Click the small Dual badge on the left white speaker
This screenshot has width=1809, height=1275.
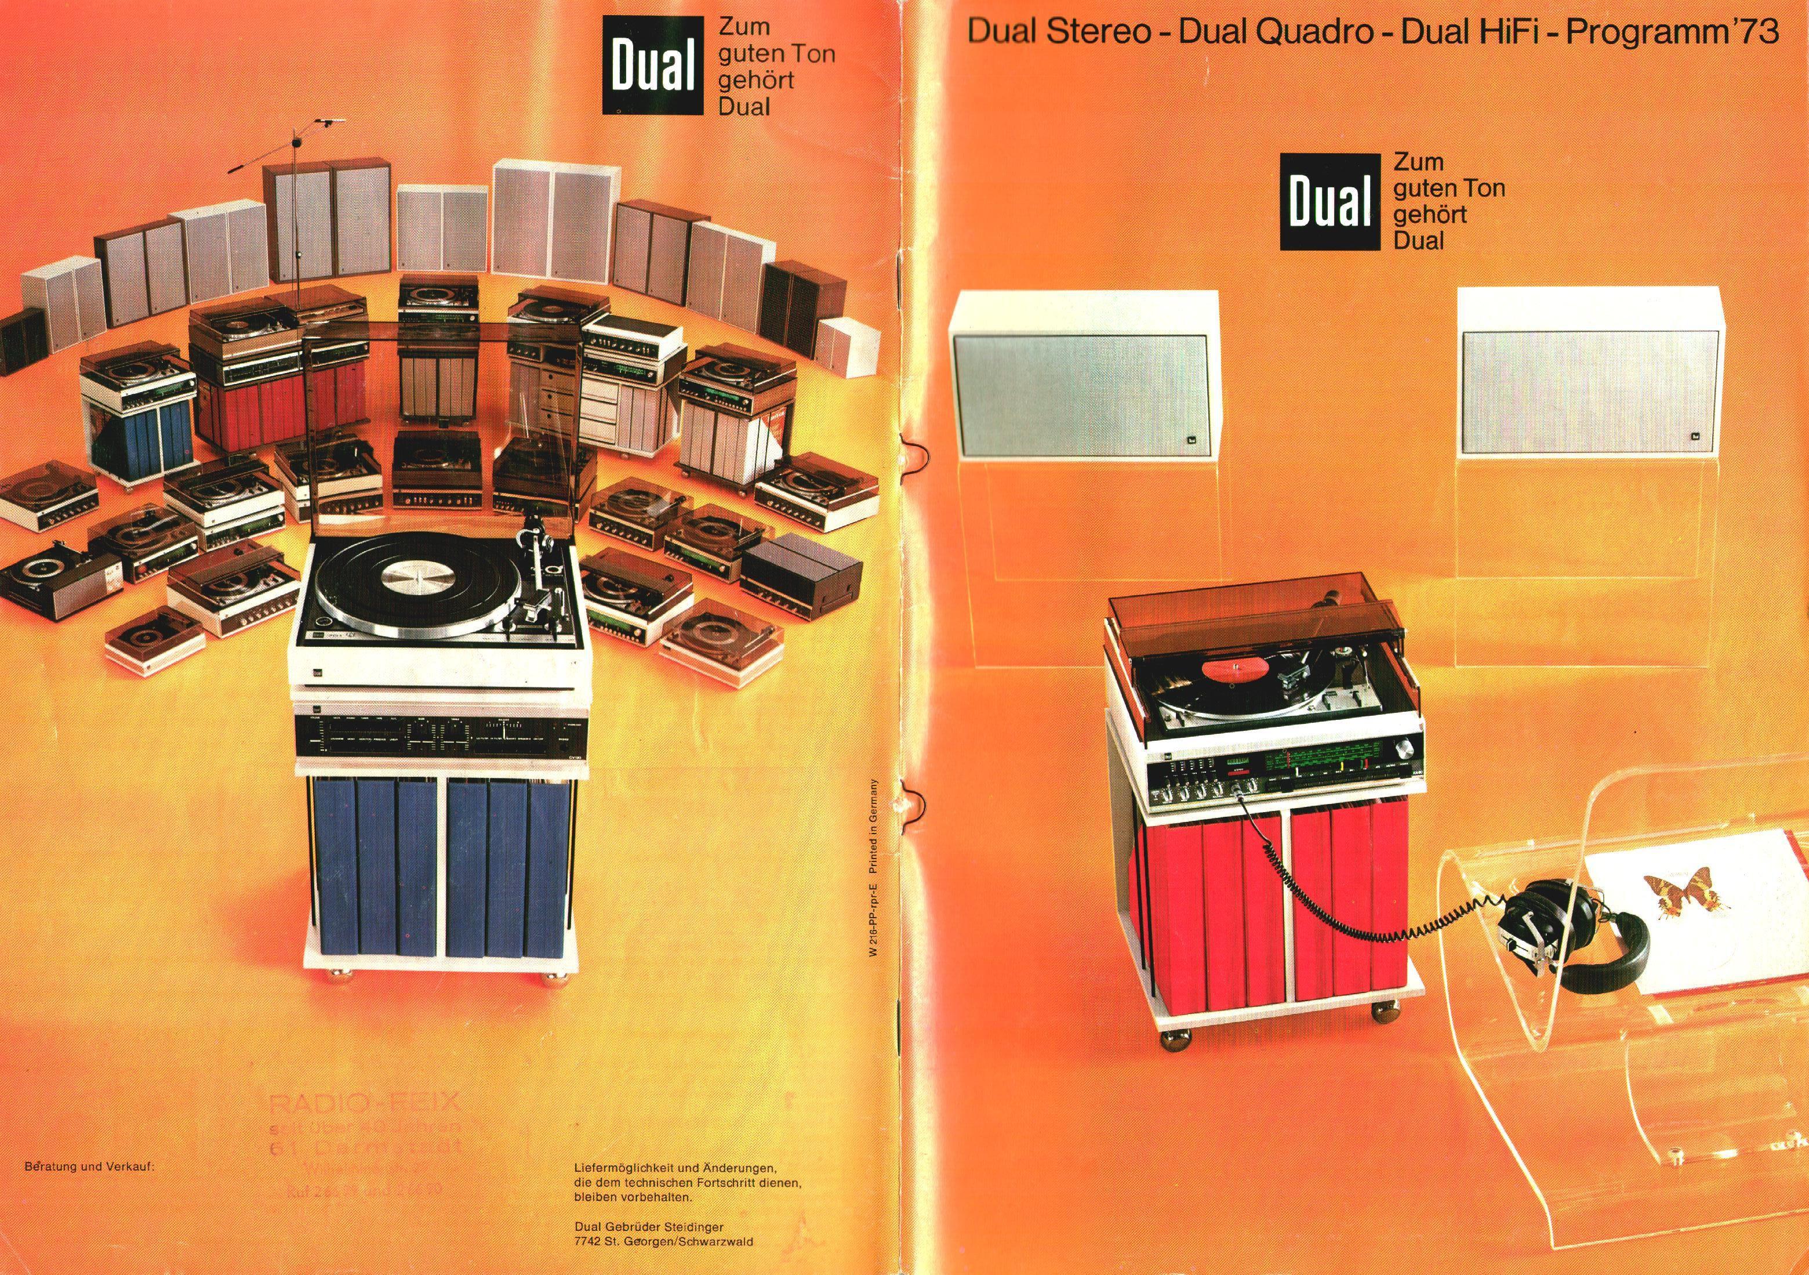click(x=1189, y=443)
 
